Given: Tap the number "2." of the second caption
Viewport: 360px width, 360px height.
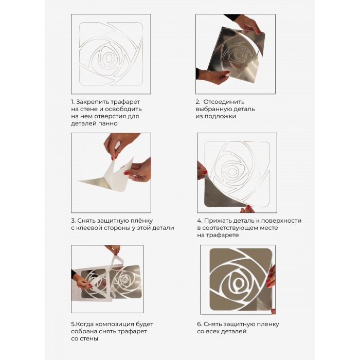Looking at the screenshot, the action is pyautogui.click(x=198, y=102).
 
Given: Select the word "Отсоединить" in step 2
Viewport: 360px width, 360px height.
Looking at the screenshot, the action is pyautogui.click(x=224, y=102).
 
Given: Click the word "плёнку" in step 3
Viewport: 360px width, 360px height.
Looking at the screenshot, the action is pyautogui.click(x=141, y=221).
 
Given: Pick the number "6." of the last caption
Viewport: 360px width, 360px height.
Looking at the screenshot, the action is pyautogui.click(x=200, y=324).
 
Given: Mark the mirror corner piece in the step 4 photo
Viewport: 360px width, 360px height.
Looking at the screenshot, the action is pyautogui.click(x=223, y=193).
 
